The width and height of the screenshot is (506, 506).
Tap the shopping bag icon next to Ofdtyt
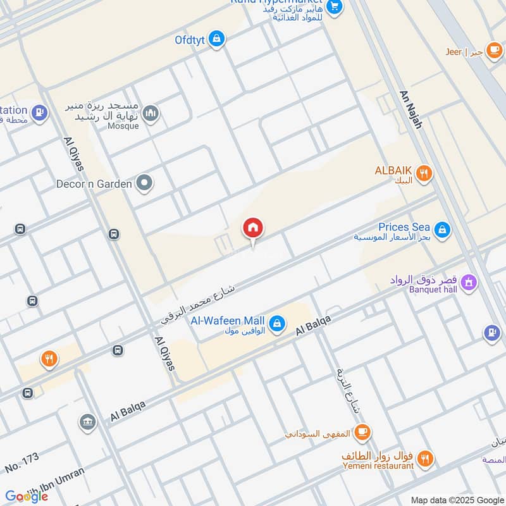pyautogui.click(x=217, y=39)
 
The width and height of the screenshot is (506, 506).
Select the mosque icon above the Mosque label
pyautogui.click(x=151, y=114)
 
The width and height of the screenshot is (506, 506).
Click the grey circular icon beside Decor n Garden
pyautogui.click(x=145, y=184)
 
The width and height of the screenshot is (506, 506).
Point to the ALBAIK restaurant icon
pyautogui.click(x=424, y=171)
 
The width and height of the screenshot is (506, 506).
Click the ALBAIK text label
pyautogui.click(x=393, y=171)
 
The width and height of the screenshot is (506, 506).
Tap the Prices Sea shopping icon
pyautogui.click(x=442, y=230)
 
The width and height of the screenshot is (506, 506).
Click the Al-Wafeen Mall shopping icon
pyautogui.click(x=276, y=324)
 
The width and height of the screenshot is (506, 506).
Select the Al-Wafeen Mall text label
pyautogui.click(x=228, y=321)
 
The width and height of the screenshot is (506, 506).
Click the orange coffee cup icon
pyautogui.click(x=362, y=431)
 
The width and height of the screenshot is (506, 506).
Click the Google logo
pyautogui.click(x=27, y=497)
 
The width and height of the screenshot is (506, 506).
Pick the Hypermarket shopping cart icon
pyautogui.click(x=335, y=7)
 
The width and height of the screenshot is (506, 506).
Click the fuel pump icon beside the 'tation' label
pyautogui.click(x=40, y=113)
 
